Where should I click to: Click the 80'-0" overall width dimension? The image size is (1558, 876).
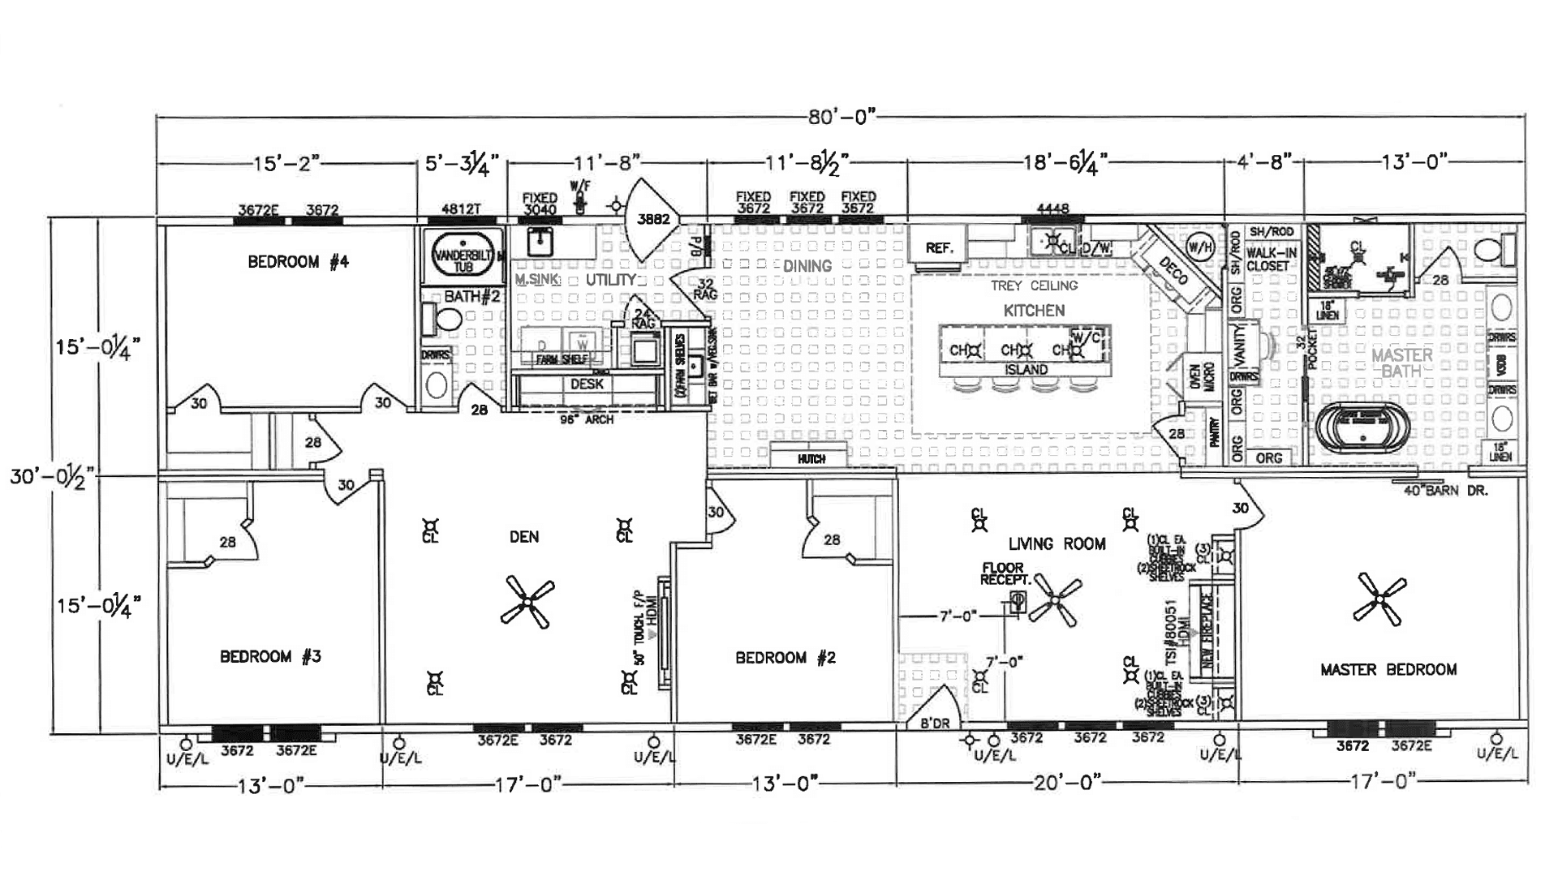[841, 118]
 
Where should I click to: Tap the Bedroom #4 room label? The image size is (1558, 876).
[298, 262]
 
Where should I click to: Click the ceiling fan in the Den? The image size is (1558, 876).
[527, 602]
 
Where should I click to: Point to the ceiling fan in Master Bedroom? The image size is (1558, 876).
[1380, 599]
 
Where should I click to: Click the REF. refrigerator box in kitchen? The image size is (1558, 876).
[939, 247]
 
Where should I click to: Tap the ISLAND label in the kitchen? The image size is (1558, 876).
[1026, 370]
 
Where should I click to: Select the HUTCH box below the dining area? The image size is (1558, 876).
[811, 459]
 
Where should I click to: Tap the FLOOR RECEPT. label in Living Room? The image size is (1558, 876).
[1004, 573]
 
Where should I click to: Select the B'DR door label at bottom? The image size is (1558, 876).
[934, 724]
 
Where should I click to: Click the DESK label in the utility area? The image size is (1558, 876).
[586, 384]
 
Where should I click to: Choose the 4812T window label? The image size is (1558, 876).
[461, 208]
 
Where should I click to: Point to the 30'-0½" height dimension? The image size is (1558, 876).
[52, 476]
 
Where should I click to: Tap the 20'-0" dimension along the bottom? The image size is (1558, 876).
[1067, 782]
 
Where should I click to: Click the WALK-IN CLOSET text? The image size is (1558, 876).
[1272, 260]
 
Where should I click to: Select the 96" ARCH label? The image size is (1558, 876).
[587, 420]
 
